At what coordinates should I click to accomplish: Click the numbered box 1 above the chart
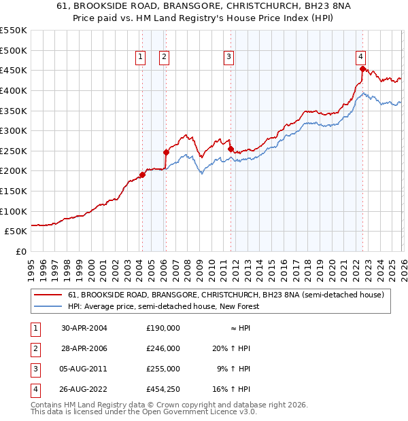(x=141, y=58)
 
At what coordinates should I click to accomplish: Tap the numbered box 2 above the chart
(x=165, y=58)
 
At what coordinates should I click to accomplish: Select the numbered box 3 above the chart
(x=229, y=58)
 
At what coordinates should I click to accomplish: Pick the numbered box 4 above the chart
(x=361, y=58)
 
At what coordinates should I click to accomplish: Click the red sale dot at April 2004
(x=142, y=175)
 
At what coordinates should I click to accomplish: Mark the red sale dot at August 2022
(x=362, y=69)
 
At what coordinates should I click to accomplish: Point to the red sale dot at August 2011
(x=231, y=149)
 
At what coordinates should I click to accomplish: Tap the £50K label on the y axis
(x=16, y=231)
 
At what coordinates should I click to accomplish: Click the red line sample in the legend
(x=48, y=295)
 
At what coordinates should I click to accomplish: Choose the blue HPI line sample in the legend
(x=48, y=307)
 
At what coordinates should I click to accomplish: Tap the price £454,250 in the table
(x=163, y=389)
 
